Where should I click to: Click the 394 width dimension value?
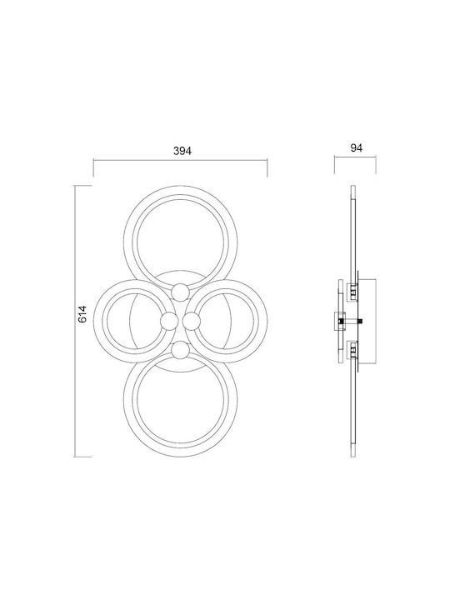point(182,151)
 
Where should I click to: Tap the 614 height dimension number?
point(83,314)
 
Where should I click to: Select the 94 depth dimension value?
point(357,147)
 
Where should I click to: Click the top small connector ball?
point(180,292)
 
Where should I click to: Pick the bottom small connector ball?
point(180,350)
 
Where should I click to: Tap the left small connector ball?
point(168,321)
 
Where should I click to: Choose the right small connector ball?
point(192,321)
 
